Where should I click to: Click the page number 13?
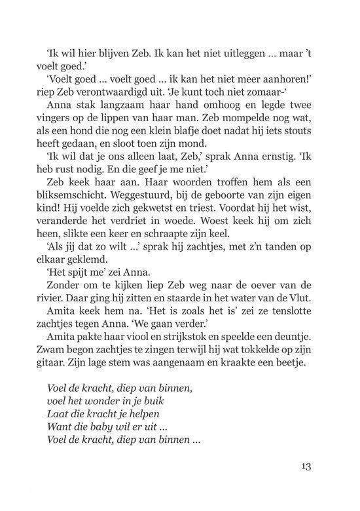[x=302, y=466]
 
